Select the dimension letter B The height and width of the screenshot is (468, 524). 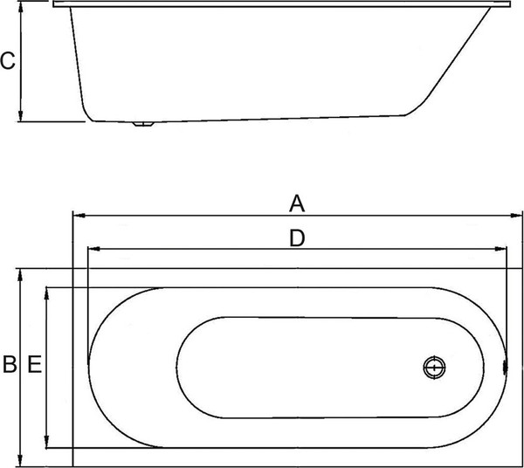(9, 366)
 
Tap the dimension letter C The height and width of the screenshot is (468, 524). (7, 61)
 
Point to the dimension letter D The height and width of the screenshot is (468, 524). (297, 237)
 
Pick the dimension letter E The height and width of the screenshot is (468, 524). (33, 366)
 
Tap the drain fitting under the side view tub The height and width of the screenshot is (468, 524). (142, 125)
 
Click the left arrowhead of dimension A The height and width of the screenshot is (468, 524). (77, 215)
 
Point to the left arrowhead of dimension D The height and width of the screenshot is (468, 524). (93, 250)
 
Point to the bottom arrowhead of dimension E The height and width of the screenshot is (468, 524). (47, 443)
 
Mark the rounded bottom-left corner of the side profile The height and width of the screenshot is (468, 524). (86, 112)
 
